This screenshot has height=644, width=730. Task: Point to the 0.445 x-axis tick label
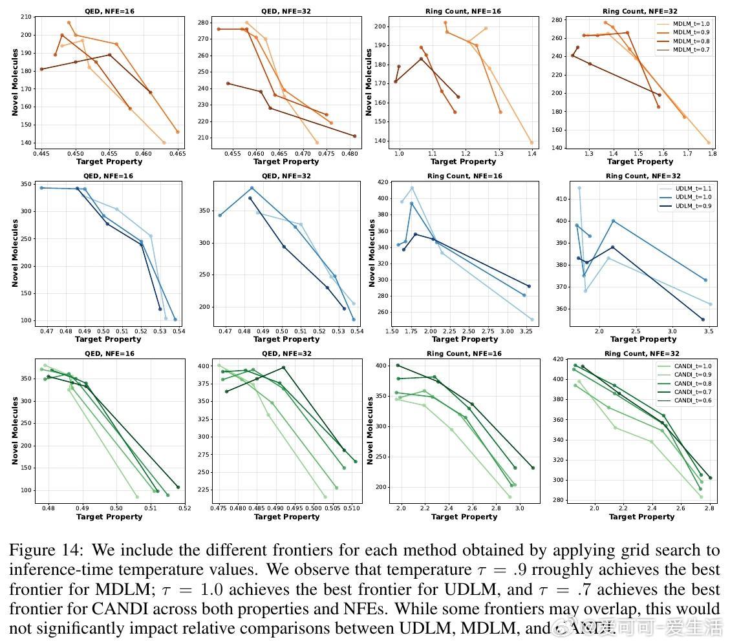pos(41,154)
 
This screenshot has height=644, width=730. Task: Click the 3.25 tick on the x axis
pos(524,330)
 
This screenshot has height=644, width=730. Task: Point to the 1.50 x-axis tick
pos(392,330)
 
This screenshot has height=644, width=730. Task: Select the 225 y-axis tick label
pos(204,489)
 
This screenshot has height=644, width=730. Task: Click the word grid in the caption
pos(628,550)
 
